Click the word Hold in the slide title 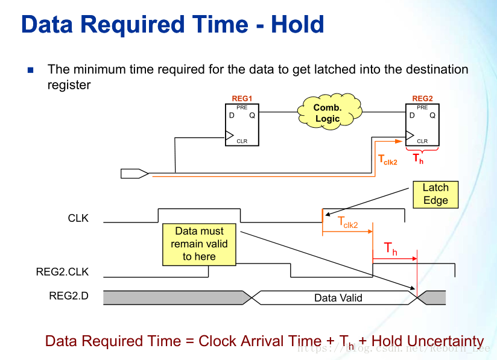coord(297,25)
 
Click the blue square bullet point coord(31,70)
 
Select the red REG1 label coord(241,98)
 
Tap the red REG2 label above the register coord(422,98)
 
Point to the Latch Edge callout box coord(435,194)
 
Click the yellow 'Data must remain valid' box coord(199,244)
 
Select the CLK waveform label coord(78,218)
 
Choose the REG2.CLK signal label coord(62,271)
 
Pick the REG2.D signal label coord(69,296)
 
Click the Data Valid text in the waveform coord(338,297)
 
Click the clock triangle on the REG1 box coord(229,135)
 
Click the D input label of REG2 coord(412,115)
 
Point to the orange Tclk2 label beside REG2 coord(387,160)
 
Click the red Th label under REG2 coord(418,159)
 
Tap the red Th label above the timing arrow coord(391,248)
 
